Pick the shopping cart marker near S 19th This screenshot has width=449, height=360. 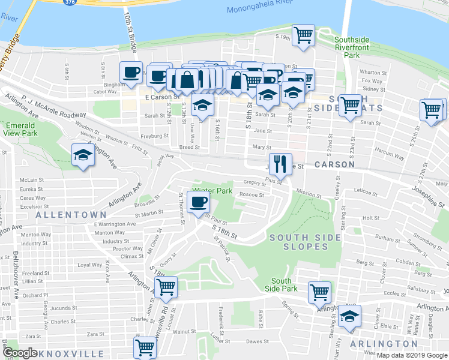click(x=303, y=34)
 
